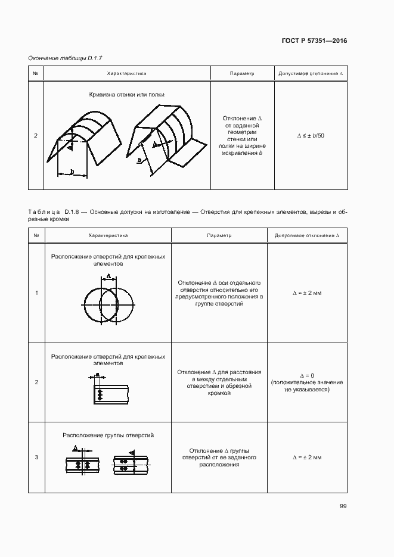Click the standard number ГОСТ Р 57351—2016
[x=314, y=41]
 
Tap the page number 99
[x=343, y=506]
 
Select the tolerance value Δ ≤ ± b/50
[x=310, y=136]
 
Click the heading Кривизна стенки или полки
[x=126, y=95]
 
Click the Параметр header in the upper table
[x=241, y=74]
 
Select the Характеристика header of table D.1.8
[x=108, y=235]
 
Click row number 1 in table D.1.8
[x=36, y=292]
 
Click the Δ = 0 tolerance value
[x=307, y=375]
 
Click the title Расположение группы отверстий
[x=108, y=435]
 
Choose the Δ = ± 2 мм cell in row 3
[x=307, y=458]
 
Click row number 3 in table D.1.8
[x=36, y=458]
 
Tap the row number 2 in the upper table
[x=36, y=136]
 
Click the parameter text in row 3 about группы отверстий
[x=219, y=458]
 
